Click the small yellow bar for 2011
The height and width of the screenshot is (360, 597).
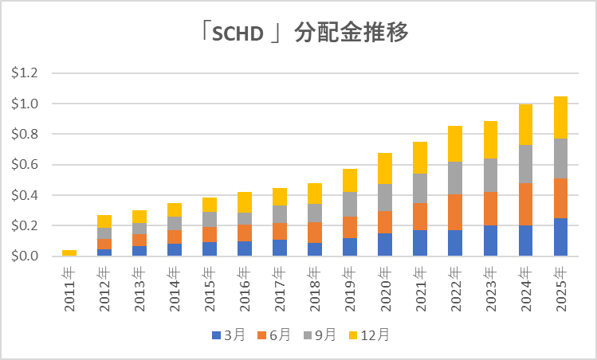click(x=69, y=252)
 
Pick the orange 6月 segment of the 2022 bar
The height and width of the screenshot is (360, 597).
click(x=456, y=212)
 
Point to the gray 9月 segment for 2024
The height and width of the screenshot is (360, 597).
click(x=527, y=164)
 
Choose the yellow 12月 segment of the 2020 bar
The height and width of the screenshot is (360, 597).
click(x=386, y=168)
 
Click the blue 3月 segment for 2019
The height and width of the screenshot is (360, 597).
click(x=351, y=247)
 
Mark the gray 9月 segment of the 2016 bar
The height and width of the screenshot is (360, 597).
click(x=245, y=218)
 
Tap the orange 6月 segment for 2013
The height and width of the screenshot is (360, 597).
click(x=139, y=240)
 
